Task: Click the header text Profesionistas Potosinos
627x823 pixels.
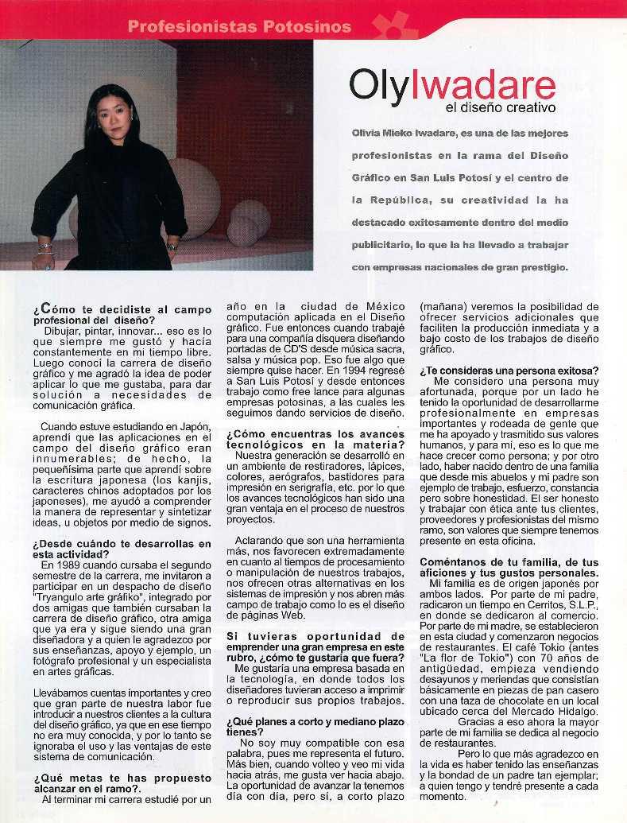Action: click(238, 26)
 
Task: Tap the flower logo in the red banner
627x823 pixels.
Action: click(395, 25)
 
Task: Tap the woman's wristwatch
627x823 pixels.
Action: click(172, 247)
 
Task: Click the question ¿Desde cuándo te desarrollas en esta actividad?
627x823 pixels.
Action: click(122, 549)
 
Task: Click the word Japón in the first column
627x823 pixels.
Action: click(192, 426)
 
